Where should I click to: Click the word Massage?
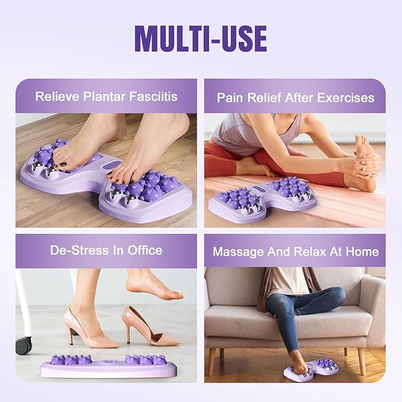pos(236,251)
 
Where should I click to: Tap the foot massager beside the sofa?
pos(311,370)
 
